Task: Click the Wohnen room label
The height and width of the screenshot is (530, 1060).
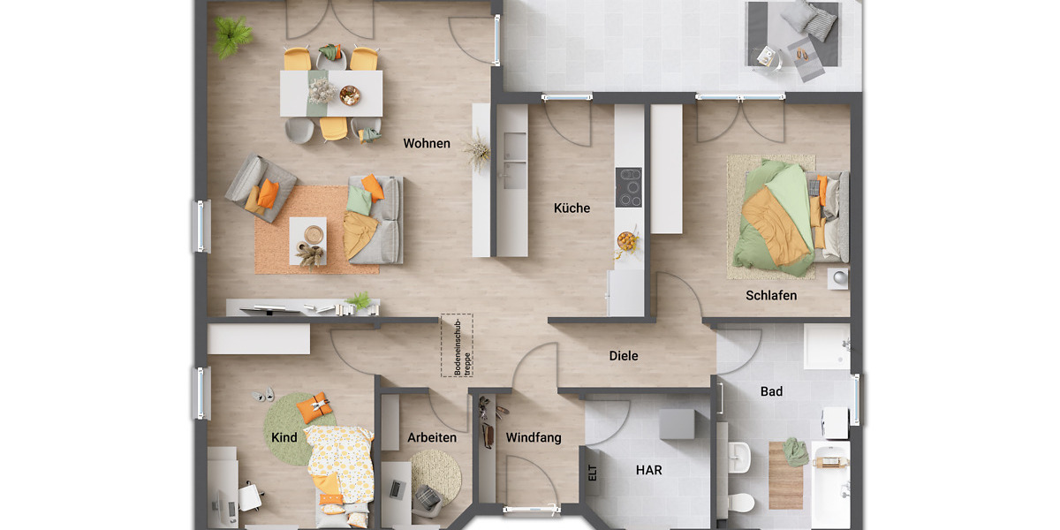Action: tap(427, 143)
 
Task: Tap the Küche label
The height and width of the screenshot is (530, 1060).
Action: tap(572, 208)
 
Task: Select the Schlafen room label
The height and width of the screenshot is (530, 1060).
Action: tap(770, 295)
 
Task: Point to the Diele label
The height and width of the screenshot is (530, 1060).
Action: tap(623, 356)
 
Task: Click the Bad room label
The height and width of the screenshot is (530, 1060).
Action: tap(771, 391)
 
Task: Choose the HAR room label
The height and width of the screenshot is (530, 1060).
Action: tap(649, 471)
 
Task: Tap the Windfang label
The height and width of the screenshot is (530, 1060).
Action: tap(533, 437)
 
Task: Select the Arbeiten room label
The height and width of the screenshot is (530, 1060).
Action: tap(432, 437)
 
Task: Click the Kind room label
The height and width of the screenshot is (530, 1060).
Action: tap(284, 437)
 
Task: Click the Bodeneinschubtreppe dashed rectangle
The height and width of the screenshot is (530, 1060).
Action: tap(457, 345)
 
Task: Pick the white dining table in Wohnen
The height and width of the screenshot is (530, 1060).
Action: tap(331, 93)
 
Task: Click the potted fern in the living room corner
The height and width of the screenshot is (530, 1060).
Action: tap(231, 36)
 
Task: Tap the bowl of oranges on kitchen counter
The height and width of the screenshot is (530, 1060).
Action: tap(627, 239)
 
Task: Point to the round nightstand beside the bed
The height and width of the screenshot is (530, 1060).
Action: tap(837, 278)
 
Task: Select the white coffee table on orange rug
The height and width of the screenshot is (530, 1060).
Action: tap(307, 240)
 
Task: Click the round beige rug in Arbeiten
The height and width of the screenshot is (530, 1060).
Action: tap(435, 475)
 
